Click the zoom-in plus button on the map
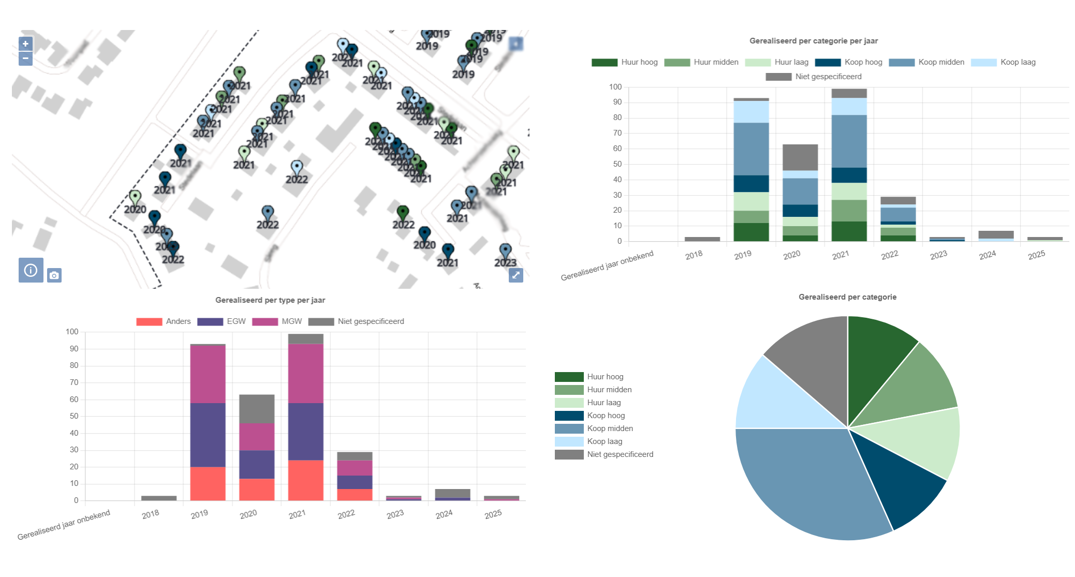click(x=25, y=44)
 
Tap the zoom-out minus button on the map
click(x=25, y=58)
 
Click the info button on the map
click(x=31, y=270)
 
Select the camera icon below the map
click(x=54, y=275)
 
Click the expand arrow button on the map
click(x=516, y=275)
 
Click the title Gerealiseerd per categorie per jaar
click(x=813, y=41)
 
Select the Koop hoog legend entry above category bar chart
click(x=849, y=62)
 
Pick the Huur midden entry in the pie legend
click(x=609, y=390)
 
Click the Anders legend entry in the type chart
click(x=164, y=321)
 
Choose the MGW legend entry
click(x=277, y=321)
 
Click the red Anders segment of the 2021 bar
click(x=305, y=480)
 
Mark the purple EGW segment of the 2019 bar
click(x=208, y=435)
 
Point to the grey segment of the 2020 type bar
click(x=257, y=409)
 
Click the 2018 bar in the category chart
click(x=702, y=239)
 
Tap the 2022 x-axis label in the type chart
click(x=346, y=514)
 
